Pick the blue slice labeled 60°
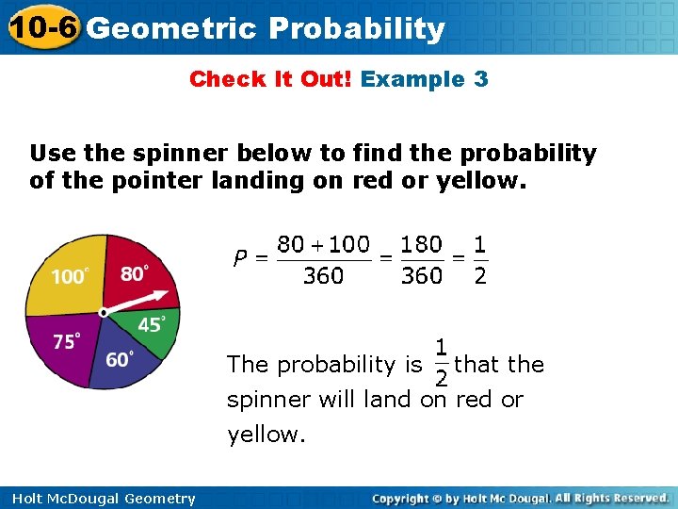(x=120, y=357)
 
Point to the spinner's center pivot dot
(x=104, y=311)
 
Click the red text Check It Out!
(x=270, y=79)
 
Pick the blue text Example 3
(x=425, y=79)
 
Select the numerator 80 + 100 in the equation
(x=323, y=244)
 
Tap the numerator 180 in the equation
(x=421, y=244)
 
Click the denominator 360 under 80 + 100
(x=323, y=276)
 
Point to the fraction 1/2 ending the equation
(x=479, y=259)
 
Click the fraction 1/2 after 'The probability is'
(x=440, y=363)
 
